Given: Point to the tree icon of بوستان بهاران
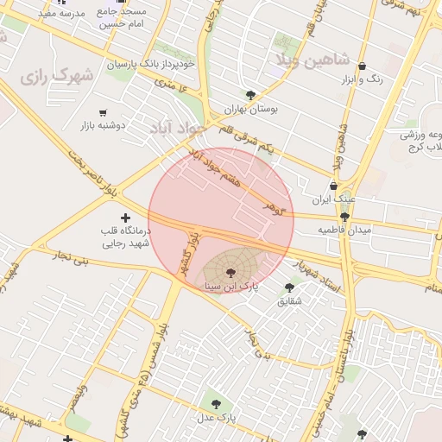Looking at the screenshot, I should pyautogui.click(x=250, y=95).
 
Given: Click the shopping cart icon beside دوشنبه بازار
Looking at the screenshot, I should pyautogui.click(x=104, y=113).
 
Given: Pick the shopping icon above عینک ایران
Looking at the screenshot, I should pyautogui.click(x=334, y=186).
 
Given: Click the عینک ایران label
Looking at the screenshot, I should pyautogui.click(x=333, y=199).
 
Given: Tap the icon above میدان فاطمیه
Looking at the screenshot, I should pyautogui.click(x=345, y=217).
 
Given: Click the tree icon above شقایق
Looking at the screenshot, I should pyautogui.click(x=289, y=287).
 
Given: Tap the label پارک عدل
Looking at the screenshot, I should pyautogui.click(x=216, y=418).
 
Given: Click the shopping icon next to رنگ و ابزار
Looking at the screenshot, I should pyautogui.click(x=361, y=66).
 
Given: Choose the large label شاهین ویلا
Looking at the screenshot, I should pyautogui.click(x=312, y=60).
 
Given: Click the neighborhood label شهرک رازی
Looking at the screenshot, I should pyautogui.click(x=56, y=77).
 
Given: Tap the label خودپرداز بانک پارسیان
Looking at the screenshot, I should pyautogui.click(x=151, y=64).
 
